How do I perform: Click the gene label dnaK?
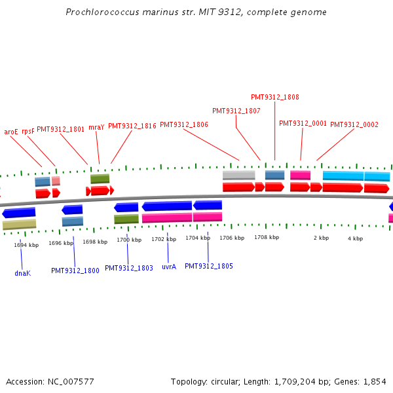coord(22,273)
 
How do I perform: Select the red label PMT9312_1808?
coord(275,97)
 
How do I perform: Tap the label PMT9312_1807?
coord(236,111)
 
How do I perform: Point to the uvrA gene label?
coord(169,267)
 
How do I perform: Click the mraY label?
coord(96,127)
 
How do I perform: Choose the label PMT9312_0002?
coord(354,124)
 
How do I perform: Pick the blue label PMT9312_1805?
coord(209,266)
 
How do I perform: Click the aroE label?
coord(11,132)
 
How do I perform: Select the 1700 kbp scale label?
coord(129,240)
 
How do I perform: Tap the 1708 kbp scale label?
coord(267,237)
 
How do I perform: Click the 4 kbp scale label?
coord(355,238)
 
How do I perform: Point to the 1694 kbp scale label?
coord(26,245)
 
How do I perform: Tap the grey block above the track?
coord(238,175)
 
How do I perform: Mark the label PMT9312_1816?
coord(132,126)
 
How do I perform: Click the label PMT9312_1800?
coord(75,271)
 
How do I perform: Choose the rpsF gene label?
coord(28,131)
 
